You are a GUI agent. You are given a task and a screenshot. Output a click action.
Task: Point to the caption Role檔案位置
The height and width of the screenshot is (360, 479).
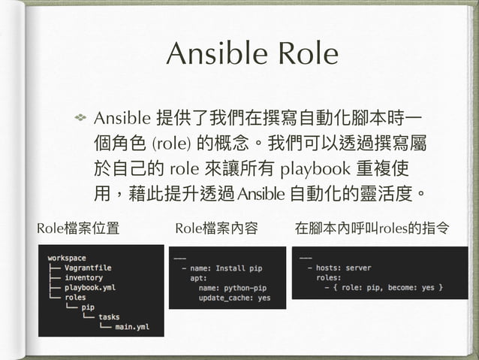77,228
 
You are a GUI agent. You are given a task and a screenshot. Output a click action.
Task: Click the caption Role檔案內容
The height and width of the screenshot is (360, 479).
215,228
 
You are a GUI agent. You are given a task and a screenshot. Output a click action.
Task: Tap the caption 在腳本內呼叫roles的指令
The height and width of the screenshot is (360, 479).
373,228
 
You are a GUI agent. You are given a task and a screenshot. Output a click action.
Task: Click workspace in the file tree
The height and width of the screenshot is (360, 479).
66,258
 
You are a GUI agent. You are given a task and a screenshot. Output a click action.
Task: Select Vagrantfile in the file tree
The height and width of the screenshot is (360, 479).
87,268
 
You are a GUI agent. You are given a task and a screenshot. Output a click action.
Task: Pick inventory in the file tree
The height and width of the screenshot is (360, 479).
83,277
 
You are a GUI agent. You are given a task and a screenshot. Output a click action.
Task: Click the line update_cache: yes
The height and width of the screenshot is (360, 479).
234,297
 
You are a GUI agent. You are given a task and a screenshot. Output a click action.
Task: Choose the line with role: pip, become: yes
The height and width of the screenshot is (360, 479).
384,287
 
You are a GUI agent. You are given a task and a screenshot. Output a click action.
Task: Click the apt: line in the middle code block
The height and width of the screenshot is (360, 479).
198,277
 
